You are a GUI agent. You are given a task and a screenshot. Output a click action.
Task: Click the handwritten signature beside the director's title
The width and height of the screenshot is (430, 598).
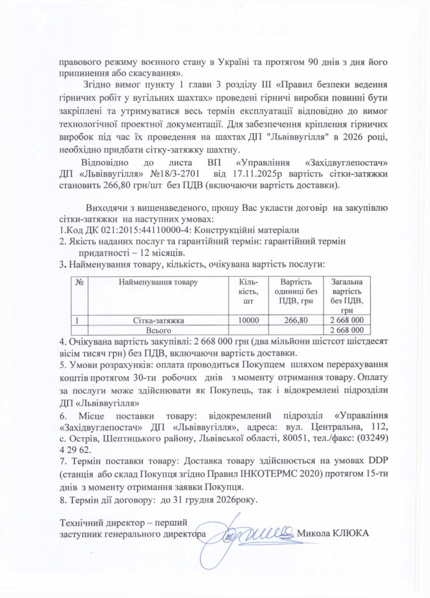click(254, 530)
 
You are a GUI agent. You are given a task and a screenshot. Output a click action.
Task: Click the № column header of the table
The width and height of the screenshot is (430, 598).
click(78, 282)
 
